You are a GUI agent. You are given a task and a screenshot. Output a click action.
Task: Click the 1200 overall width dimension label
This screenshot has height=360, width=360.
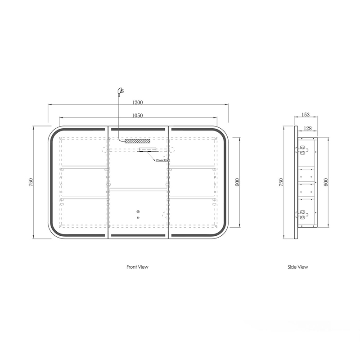pyautogui.click(x=137, y=103)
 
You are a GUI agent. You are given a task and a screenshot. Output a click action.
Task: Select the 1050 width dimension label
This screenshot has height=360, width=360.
pyautogui.click(x=137, y=116)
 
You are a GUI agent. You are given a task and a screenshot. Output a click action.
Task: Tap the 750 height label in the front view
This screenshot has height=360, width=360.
pyautogui.click(x=31, y=182)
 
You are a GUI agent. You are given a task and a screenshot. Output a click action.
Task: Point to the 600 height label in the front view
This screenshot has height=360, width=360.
pyautogui.click(x=237, y=182)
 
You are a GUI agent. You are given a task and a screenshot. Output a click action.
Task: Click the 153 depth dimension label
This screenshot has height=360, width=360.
pyautogui.click(x=306, y=115)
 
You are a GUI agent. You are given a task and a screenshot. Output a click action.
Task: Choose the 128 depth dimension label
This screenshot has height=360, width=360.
pyautogui.click(x=307, y=128)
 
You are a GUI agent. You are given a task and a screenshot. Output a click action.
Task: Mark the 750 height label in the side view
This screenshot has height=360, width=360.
pyautogui.click(x=281, y=182)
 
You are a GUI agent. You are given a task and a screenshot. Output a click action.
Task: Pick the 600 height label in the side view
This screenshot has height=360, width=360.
pyautogui.click(x=326, y=182)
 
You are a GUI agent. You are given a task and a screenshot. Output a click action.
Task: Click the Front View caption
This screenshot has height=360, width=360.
pyautogui.click(x=137, y=267)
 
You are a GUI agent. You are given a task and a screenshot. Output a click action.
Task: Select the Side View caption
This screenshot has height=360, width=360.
pyautogui.click(x=298, y=267)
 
